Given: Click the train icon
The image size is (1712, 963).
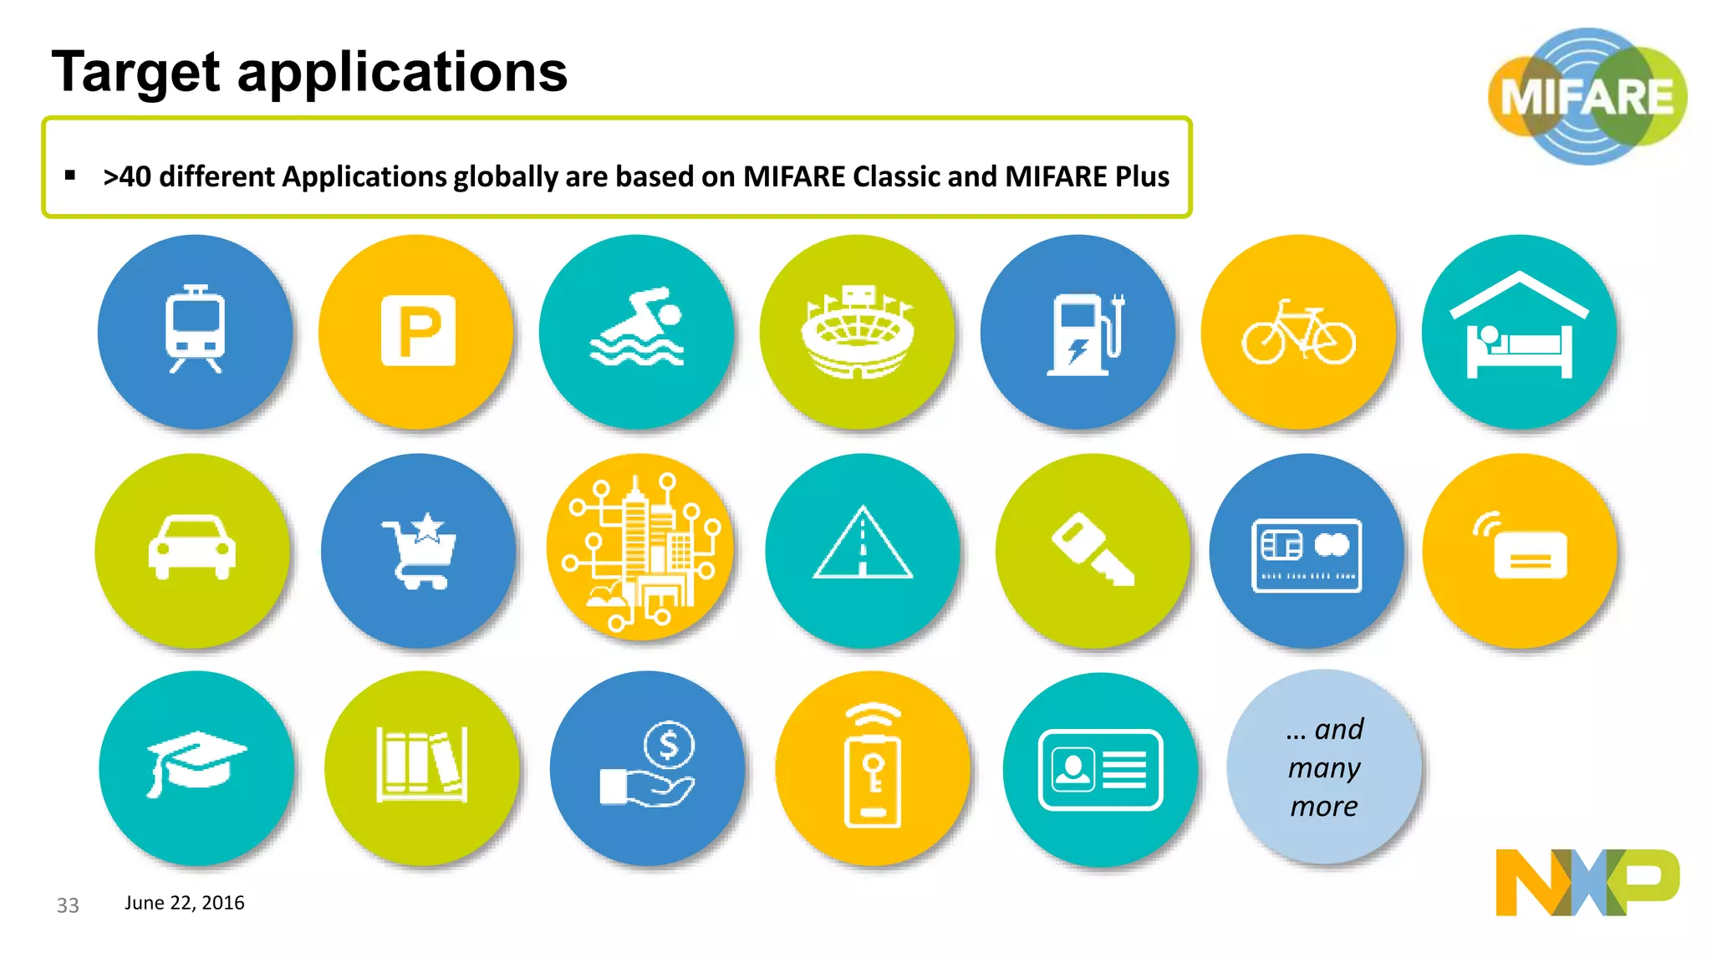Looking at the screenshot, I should click(x=195, y=329).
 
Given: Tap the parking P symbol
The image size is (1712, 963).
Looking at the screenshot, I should click(x=418, y=331).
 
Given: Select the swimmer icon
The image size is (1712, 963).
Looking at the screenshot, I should click(x=638, y=328).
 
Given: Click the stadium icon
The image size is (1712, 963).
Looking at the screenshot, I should click(x=858, y=333).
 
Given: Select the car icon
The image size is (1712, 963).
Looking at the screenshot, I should click(x=192, y=548).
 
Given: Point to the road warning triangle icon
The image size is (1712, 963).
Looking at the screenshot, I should click(x=863, y=545).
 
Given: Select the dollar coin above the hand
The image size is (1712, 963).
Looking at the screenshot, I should click(x=669, y=744).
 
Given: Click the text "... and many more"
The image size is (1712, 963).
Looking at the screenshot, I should click(x=1324, y=767).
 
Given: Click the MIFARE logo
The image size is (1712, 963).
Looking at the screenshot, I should click(x=1587, y=96).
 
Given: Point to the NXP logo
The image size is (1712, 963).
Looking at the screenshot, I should click(x=1587, y=882).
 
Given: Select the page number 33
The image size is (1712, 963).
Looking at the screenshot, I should click(x=68, y=905).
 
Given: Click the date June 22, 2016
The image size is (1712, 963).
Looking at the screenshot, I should click(x=185, y=903).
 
